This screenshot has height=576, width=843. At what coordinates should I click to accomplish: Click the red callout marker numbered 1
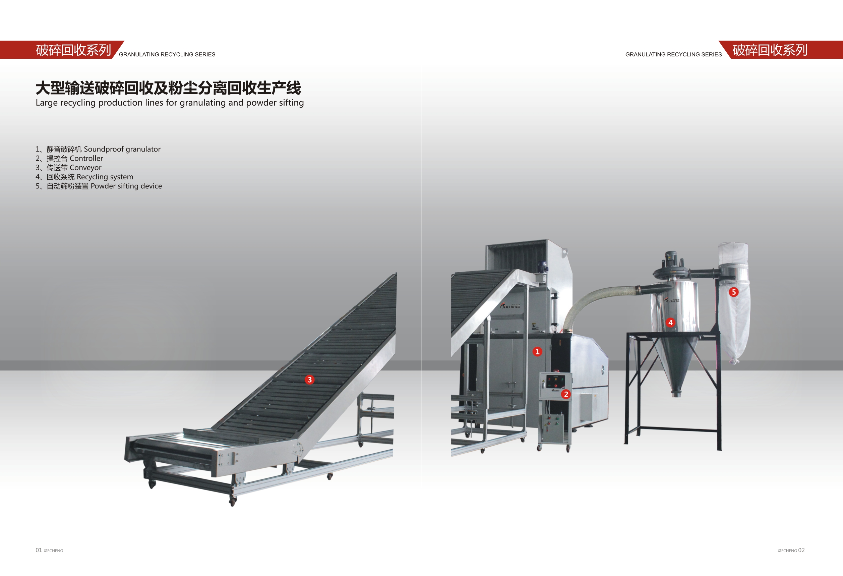point(537,351)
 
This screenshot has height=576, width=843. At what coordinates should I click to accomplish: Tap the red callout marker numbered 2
point(566,394)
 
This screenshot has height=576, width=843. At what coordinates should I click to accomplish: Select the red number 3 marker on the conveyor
point(309,380)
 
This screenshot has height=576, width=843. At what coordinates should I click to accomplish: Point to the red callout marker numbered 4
point(670,323)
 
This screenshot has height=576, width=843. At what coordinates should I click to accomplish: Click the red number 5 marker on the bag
point(733,292)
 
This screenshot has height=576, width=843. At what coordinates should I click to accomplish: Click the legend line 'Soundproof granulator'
point(98,149)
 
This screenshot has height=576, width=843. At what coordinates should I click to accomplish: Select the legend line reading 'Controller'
point(69,159)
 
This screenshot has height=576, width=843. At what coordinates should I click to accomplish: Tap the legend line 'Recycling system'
point(84,177)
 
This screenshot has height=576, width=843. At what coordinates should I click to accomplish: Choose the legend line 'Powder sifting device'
point(99,186)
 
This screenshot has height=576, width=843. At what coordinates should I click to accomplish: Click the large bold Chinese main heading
point(168,88)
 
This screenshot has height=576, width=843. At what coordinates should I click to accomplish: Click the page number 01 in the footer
point(39,550)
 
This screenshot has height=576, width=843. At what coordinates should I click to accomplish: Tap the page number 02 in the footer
point(801,550)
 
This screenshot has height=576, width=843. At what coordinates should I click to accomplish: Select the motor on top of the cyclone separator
point(670,260)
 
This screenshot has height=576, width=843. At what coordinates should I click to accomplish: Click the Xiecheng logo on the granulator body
point(510,306)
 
